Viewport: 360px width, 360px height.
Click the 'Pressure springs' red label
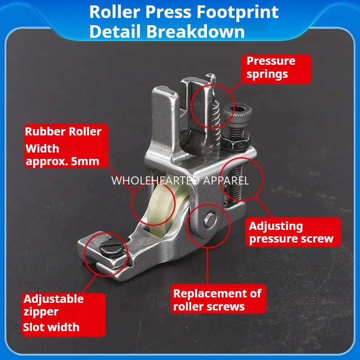[x=270, y=67]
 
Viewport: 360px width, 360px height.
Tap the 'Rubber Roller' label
[x=63, y=132]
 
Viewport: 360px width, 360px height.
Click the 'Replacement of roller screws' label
[x=217, y=300]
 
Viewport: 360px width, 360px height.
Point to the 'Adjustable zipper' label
[x=54, y=305]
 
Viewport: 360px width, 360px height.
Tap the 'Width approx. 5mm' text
[x=62, y=154]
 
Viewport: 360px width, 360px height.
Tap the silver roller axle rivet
[x=209, y=220]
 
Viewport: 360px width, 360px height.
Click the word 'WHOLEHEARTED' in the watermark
[x=155, y=181]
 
